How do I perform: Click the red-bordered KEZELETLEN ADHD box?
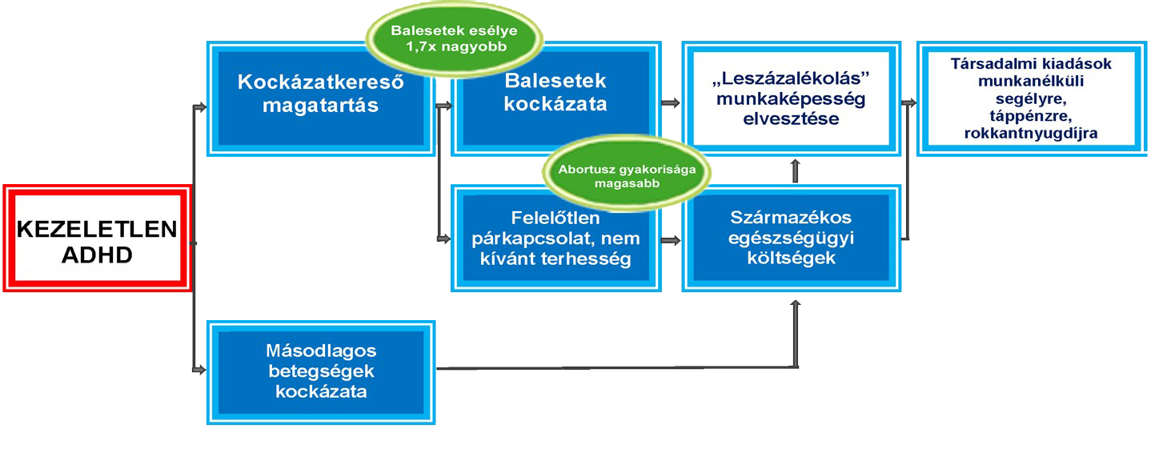point(98,239)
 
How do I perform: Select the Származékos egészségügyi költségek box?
point(790,238)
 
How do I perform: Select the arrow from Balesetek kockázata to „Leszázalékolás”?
point(672,102)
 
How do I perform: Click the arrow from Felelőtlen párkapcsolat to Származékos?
point(672,239)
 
